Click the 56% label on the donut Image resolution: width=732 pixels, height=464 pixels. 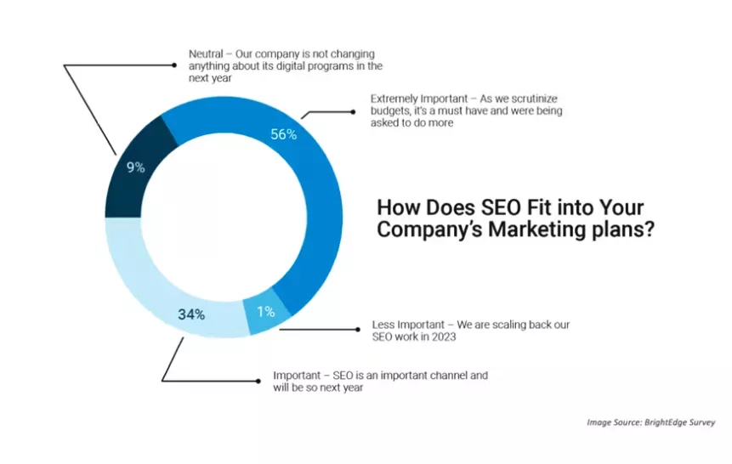click(x=283, y=134)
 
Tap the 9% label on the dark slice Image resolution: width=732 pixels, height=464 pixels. click(x=135, y=167)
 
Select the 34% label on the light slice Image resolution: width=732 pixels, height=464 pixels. click(x=191, y=314)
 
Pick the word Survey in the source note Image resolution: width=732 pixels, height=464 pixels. click(x=702, y=422)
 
